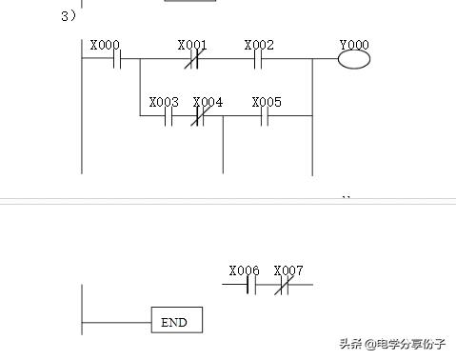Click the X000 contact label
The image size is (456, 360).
click(105, 45)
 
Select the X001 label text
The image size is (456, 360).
click(192, 45)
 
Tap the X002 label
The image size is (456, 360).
click(259, 45)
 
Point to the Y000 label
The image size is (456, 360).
click(354, 45)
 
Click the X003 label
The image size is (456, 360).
click(164, 102)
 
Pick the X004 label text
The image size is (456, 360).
click(208, 102)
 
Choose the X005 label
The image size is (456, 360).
click(267, 102)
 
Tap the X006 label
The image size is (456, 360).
click(245, 270)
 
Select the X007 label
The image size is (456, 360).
click(288, 270)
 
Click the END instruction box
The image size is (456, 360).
click(176, 322)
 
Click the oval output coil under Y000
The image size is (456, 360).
click(354, 59)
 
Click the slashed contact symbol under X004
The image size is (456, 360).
click(201, 117)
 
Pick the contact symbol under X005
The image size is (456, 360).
click(266, 117)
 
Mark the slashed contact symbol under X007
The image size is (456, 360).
click(282, 284)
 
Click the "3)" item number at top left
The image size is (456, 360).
click(69, 15)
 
